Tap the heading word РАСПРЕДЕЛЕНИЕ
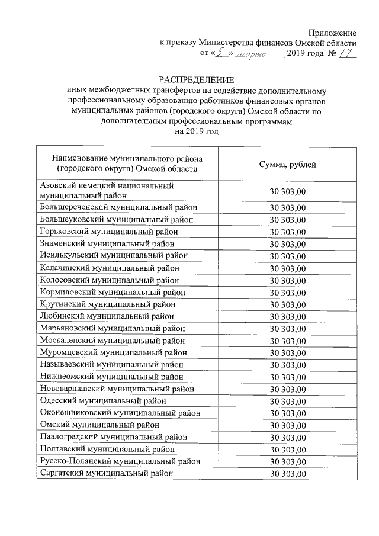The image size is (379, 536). pyautogui.click(x=196, y=79)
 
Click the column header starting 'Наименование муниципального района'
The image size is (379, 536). pyautogui.click(x=127, y=164)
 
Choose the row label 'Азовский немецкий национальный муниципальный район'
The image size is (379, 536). pyautogui.click(x=107, y=190)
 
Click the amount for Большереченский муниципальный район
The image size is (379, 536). pyautogui.click(x=288, y=207)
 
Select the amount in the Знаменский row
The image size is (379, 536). pyautogui.click(x=288, y=244)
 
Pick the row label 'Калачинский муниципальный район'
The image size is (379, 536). pyautogui.click(x=109, y=268)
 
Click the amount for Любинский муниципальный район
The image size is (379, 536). pyautogui.click(x=288, y=316)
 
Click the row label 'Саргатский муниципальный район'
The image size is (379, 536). pyautogui.click(x=107, y=473)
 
